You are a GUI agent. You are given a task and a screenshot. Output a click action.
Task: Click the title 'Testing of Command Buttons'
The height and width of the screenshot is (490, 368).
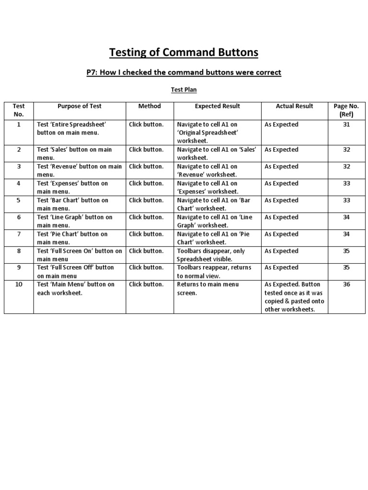point(184,52)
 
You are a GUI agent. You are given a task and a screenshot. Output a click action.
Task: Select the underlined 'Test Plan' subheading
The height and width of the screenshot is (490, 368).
point(184,89)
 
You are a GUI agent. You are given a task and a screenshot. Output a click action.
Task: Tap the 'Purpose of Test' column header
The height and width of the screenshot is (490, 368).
point(80,106)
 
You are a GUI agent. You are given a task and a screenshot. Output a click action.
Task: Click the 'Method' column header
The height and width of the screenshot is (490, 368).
point(149,106)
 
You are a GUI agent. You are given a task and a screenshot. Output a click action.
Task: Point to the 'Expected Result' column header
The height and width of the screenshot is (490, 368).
point(218,106)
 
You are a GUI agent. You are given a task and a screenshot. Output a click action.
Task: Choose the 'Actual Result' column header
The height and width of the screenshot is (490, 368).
point(295,106)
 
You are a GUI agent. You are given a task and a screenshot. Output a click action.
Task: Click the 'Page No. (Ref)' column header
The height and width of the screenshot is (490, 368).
point(346,110)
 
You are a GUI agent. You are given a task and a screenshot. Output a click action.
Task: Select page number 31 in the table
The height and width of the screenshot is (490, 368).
point(346,124)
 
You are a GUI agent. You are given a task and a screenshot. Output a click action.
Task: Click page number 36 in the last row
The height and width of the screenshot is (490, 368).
point(346,284)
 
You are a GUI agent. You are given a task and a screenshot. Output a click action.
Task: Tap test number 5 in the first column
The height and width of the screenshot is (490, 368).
point(19,200)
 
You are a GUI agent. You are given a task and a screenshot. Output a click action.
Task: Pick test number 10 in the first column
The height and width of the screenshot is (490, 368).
point(19,284)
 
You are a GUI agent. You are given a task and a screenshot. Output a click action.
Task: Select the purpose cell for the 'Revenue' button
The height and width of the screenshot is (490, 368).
point(80,170)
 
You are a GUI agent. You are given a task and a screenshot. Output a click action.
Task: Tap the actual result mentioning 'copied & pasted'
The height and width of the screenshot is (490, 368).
point(294,297)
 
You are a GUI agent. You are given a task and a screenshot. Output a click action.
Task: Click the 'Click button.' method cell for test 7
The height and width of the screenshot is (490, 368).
point(146,234)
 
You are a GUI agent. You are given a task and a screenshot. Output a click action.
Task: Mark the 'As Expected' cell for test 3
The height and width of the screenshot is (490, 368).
point(281,167)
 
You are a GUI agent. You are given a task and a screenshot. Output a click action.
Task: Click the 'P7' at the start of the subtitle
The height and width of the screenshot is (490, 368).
point(92,72)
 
